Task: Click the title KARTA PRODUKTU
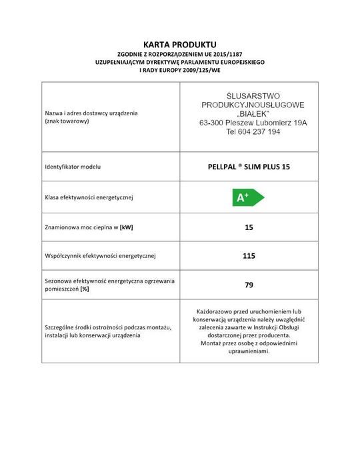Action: tap(180, 44)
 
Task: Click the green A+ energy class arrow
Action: tap(247, 197)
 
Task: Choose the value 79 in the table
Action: tap(249, 285)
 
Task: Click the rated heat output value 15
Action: tap(249, 227)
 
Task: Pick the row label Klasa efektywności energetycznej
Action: tap(90, 197)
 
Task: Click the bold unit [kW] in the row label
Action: tap(126, 227)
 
